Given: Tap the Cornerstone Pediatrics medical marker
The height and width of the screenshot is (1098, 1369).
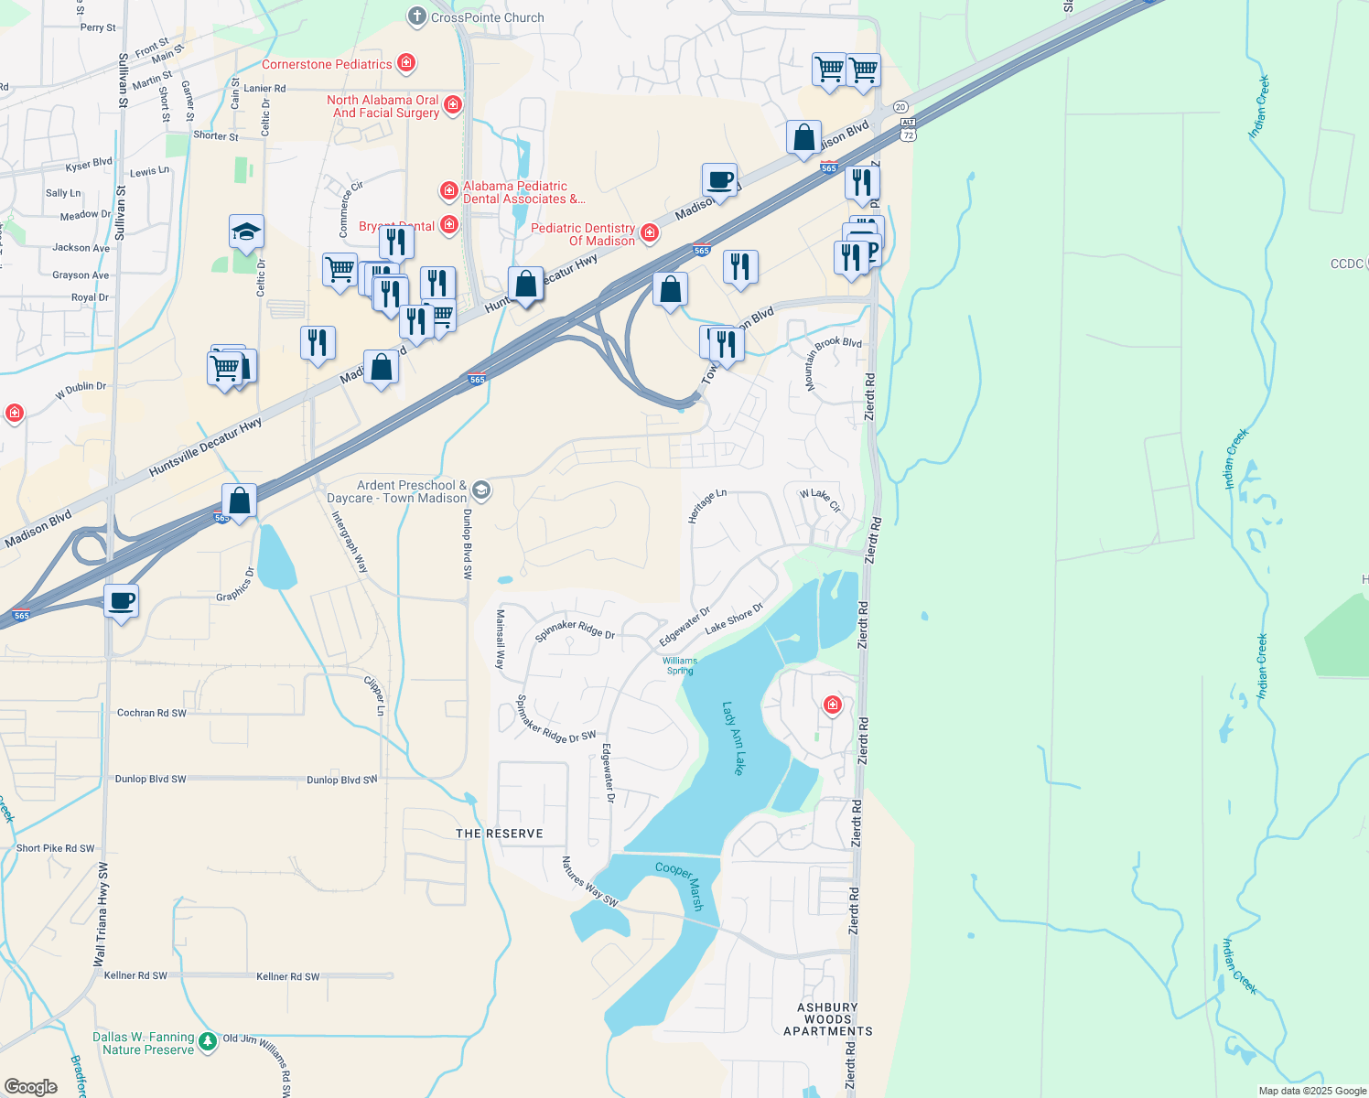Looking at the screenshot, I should [407, 63].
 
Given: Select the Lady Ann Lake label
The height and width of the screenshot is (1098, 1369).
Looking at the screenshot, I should [733, 738].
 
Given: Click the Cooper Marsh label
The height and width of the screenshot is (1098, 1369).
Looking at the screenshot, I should [680, 886].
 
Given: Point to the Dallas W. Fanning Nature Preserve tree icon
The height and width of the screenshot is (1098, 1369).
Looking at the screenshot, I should [208, 1041].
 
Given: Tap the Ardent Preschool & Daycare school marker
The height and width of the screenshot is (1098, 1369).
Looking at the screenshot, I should [481, 490].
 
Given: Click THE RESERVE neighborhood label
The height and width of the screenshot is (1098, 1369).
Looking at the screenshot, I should [500, 834].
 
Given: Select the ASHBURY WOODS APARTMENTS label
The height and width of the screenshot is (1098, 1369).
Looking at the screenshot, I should [828, 1019].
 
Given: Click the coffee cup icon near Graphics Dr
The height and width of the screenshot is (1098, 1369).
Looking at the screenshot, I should [121, 601].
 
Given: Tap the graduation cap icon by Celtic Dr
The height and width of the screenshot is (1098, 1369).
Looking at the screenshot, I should [246, 231].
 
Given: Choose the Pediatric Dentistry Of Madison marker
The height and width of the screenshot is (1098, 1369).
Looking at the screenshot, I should [650, 233].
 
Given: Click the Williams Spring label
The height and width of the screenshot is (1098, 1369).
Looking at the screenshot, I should [680, 665].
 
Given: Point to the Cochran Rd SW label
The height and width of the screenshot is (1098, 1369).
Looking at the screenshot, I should [152, 713].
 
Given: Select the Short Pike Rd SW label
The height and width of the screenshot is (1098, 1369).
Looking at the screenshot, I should [56, 848].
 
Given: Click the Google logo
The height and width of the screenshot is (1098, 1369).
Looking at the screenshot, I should [31, 1087].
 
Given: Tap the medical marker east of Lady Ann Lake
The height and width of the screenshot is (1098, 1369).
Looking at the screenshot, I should [832, 705].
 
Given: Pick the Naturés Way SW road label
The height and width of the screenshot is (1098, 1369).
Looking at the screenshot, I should [589, 882].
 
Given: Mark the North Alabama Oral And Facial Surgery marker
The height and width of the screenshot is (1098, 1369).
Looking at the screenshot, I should [453, 105].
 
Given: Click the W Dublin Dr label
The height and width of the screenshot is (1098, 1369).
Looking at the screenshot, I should [81, 390].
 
